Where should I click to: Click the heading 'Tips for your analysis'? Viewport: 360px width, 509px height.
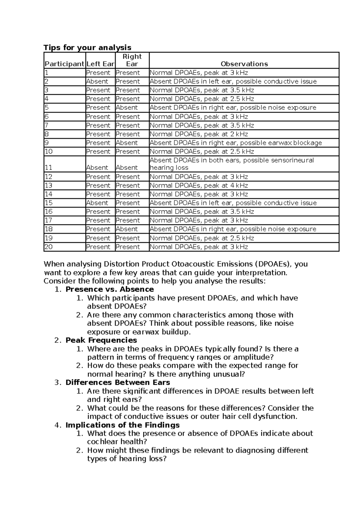[87, 47]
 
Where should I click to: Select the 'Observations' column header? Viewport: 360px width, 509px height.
[244, 64]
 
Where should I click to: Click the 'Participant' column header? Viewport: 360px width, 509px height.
[64, 64]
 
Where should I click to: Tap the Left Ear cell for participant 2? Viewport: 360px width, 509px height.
[97, 82]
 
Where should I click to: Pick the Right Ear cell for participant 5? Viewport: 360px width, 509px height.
[127, 108]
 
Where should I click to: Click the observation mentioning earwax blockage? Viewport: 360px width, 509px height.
[235, 143]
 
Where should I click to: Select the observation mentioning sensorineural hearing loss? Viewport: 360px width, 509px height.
[232, 164]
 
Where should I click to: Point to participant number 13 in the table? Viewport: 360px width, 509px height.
[49, 185]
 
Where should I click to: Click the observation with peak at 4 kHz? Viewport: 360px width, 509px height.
[199, 185]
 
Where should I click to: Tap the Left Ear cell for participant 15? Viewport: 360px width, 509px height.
[97, 203]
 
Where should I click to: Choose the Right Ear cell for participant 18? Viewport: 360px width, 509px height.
[127, 229]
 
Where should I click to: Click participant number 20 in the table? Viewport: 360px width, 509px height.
[49, 247]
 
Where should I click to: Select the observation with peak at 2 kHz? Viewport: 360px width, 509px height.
[199, 134]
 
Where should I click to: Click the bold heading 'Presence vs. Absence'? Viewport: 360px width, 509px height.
[109, 289]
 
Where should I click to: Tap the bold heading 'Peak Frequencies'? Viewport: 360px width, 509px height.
[101, 340]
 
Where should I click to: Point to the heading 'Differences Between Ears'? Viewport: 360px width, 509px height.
[118, 382]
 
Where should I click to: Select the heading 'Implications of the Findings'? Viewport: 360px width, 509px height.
[122, 425]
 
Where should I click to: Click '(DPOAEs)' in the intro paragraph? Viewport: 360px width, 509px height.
[273, 264]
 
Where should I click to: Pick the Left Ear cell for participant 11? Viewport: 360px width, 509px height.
[97, 168]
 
